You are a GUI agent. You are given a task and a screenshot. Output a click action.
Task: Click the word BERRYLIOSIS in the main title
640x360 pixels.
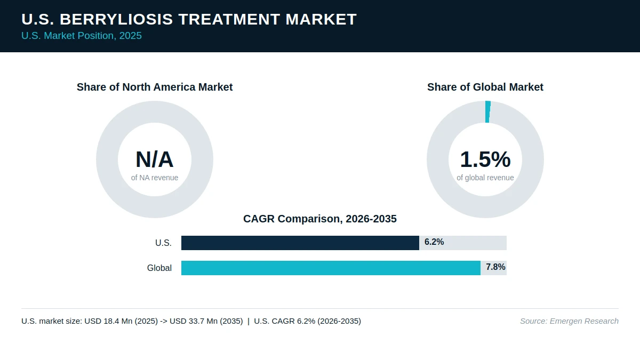click(116, 19)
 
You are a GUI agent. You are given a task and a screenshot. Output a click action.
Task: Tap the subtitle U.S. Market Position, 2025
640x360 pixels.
click(82, 36)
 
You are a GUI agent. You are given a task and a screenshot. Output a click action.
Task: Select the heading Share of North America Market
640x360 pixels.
click(155, 87)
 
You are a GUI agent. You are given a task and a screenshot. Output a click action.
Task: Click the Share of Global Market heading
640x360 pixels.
click(485, 87)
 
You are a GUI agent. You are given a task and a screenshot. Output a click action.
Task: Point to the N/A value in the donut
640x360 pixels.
click(155, 159)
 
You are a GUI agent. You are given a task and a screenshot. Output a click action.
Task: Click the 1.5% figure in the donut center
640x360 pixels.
click(485, 159)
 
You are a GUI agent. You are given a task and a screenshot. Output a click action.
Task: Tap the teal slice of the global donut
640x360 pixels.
click(487, 111)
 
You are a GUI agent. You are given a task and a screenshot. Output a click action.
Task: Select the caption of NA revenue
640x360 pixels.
click(155, 178)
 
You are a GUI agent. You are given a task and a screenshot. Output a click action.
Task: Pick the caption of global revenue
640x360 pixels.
click(485, 178)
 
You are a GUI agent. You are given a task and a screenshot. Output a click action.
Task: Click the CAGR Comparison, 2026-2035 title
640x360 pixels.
click(320, 219)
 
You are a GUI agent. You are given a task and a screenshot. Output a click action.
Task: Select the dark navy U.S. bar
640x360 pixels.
click(300, 243)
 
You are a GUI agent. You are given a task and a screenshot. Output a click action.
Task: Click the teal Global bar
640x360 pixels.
click(331, 268)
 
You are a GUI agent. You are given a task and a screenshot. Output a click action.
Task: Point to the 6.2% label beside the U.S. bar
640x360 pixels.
click(434, 242)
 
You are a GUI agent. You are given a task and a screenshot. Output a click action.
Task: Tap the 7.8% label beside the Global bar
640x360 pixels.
click(495, 267)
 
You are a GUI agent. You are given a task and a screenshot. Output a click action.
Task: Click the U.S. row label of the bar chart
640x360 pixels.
click(163, 243)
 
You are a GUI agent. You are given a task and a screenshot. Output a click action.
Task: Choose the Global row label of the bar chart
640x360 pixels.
click(159, 268)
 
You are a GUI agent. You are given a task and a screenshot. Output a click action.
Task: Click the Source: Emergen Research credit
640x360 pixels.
click(569, 321)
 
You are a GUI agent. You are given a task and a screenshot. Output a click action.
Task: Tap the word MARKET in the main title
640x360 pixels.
click(321, 19)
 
